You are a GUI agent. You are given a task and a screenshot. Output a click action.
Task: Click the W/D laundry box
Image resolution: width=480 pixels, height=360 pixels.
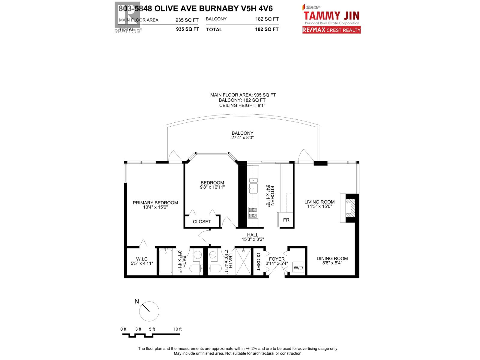[298, 267]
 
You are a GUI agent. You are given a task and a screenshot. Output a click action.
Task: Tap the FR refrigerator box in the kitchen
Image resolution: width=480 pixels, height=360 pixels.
[286, 220]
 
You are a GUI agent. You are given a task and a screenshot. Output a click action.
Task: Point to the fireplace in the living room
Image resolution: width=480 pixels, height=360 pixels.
[350, 208]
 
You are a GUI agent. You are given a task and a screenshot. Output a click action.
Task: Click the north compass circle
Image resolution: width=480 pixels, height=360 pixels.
[149, 311]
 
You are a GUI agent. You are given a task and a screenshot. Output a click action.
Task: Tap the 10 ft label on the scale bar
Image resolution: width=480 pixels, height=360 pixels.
[178, 329]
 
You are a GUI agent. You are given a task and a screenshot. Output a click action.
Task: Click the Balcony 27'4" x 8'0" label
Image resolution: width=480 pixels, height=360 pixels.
[242, 135]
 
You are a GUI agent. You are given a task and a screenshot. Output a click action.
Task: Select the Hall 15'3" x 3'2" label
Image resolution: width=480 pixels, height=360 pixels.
[253, 237]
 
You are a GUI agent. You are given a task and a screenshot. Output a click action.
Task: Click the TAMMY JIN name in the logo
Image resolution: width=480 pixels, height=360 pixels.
[331, 16]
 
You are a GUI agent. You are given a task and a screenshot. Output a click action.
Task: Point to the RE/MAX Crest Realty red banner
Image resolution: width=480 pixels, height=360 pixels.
[331, 30]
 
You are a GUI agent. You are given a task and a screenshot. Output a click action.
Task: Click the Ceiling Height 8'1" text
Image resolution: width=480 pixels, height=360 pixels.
[242, 106]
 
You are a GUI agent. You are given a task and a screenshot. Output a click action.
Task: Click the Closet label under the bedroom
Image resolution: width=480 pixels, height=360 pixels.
[202, 222]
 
